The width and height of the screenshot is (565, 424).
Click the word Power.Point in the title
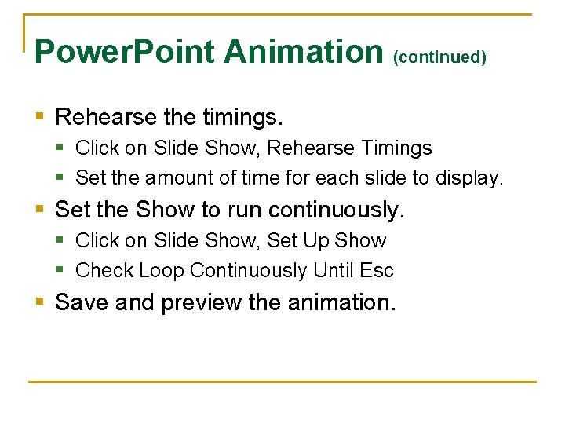click(x=125, y=52)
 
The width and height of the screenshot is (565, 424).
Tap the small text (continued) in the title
click(x=439, y=57)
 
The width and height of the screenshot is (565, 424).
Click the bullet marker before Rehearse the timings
click(x=42, y=118)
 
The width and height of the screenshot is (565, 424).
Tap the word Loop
click(x=161, y=271)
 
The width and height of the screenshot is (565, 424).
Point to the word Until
click(x=333, y=271)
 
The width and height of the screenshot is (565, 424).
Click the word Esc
click(x=376, y=271)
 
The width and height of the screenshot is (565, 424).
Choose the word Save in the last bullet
click(x=82, y=302)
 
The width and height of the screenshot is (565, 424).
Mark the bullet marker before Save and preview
click(x=42, y=302)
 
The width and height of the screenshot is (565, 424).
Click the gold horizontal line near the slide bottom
click(x=282, y=382)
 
